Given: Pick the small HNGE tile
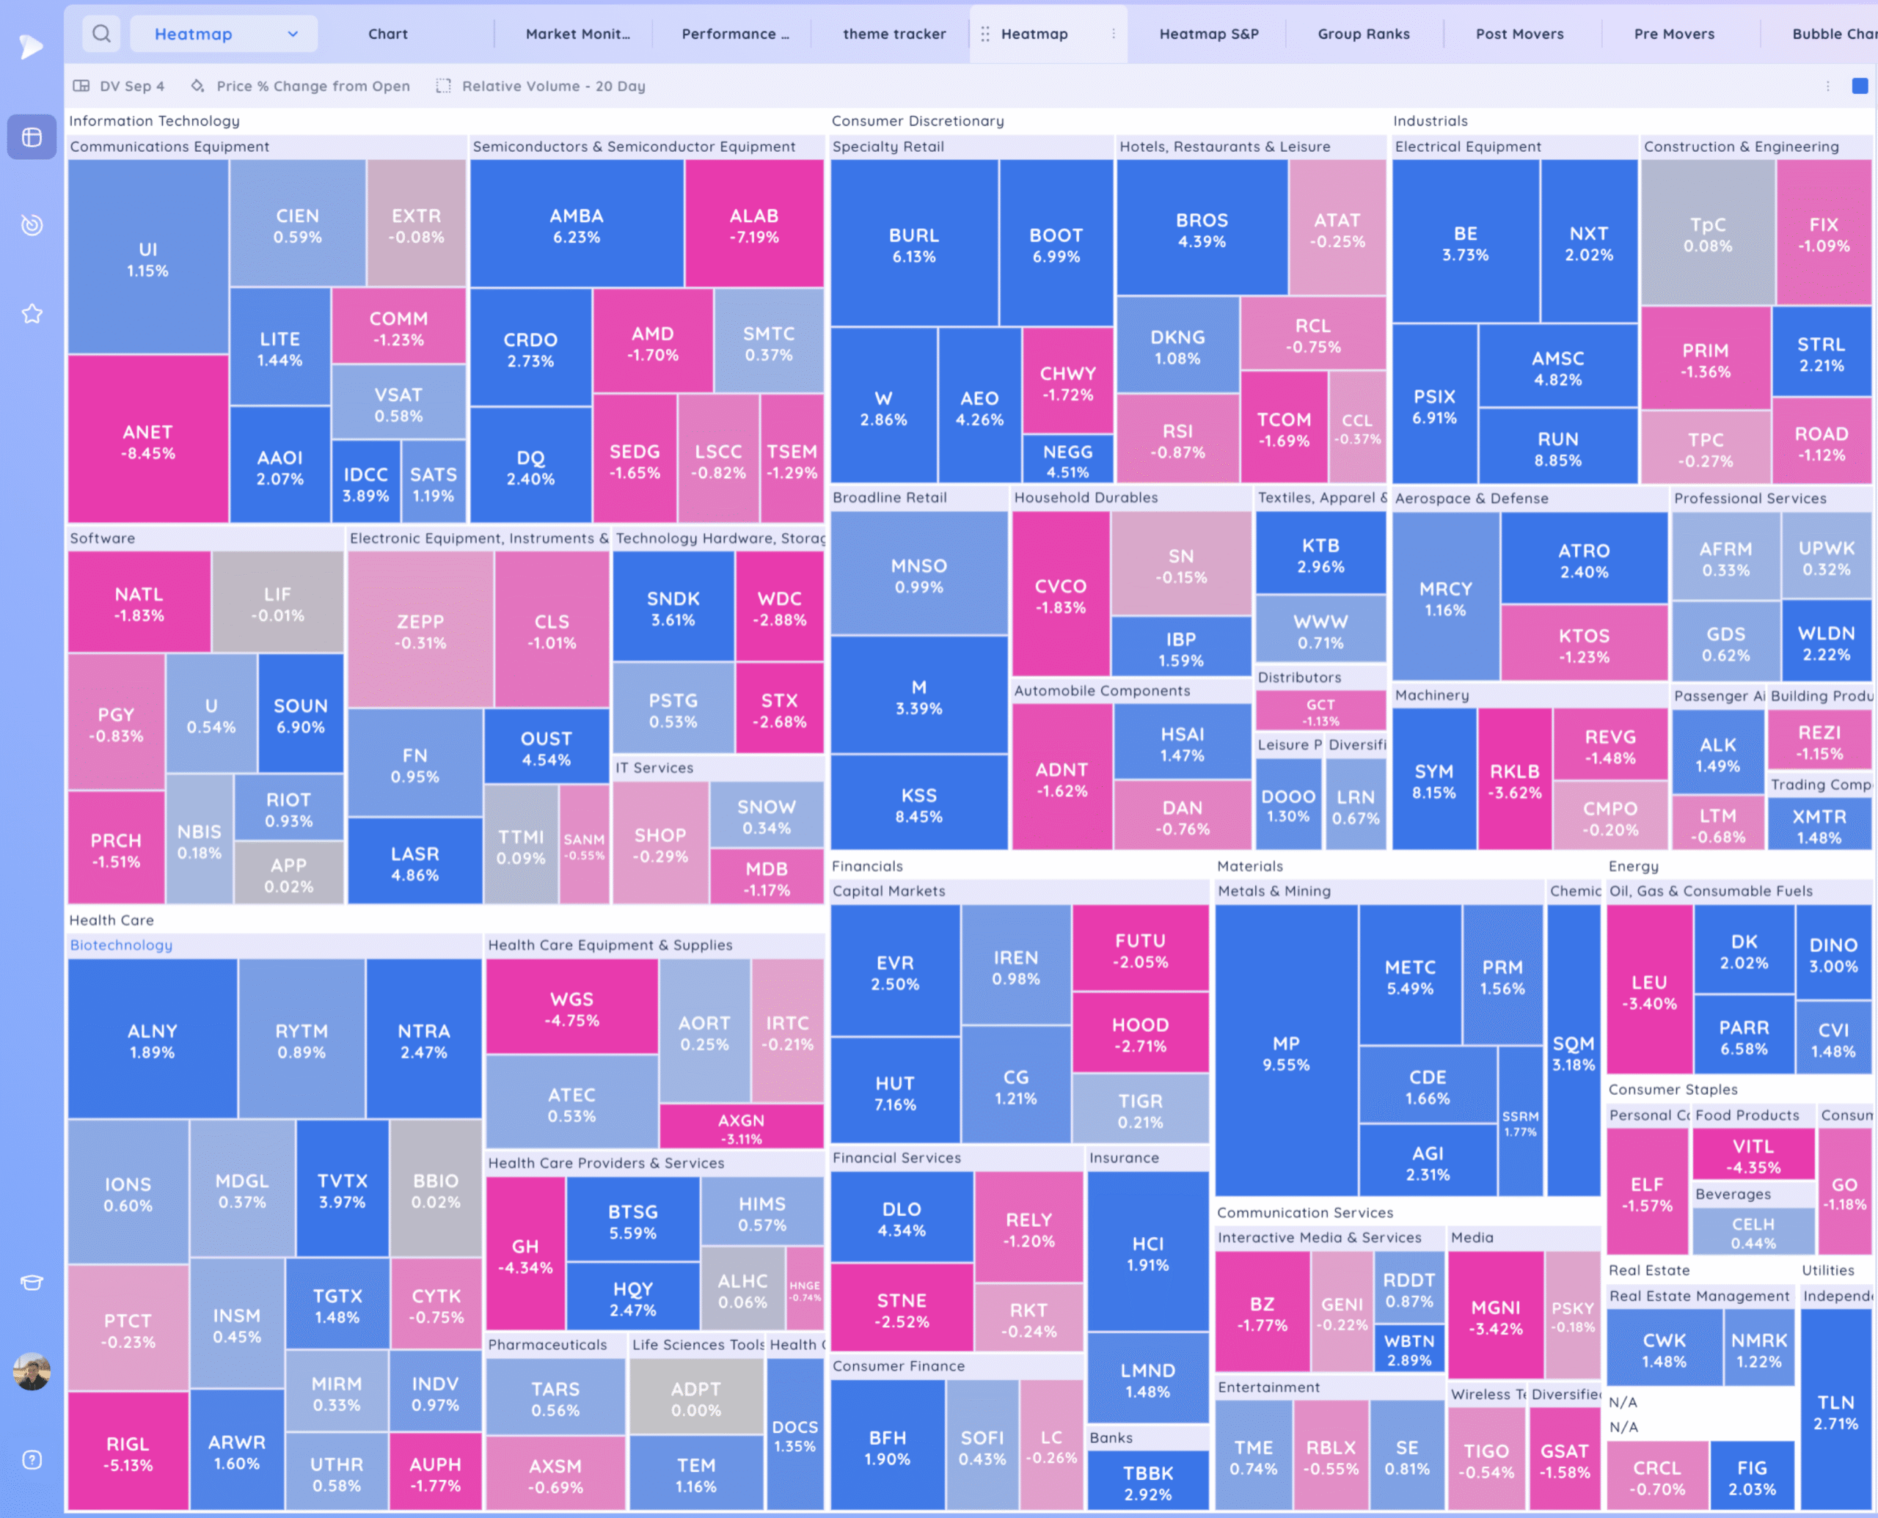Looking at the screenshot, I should [x=805, y=1291].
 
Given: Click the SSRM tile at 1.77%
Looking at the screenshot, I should [x=1520, y=1123].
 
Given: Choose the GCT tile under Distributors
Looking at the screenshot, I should [x=1320, y=711].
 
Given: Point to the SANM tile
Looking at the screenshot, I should [x=583, y=846].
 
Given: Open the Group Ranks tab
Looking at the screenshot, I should [x=1363, y=34].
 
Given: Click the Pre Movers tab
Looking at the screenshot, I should [x=1673, y=34].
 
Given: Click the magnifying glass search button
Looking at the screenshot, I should [x=101, y=34].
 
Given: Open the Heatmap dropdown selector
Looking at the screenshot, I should [x=224, y=34].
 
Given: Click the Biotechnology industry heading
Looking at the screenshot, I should [x=122, y=945].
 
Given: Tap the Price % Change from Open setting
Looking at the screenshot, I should [x=313, y=86].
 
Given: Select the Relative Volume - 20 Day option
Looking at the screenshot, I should [x=553, y=86].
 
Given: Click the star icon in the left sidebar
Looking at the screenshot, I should [x=32, y=313].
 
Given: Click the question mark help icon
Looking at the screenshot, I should [x=32, y=1459].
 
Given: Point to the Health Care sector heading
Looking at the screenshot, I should [x=111, y=920].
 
